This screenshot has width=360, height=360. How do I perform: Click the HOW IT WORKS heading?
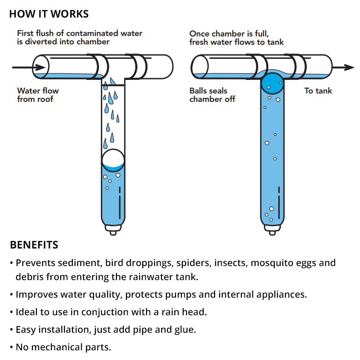[49, 14]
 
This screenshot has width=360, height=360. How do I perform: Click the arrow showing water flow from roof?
[29, 67]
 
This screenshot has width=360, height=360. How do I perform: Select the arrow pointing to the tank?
[342, 67]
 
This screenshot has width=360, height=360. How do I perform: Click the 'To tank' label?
[318, 91]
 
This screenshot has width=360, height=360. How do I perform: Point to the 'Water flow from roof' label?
[38, 95]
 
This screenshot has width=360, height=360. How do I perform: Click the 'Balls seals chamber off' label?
[212, 95]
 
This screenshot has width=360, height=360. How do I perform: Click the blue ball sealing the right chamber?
[272, 82]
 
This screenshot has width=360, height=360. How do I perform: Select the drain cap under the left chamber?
[113, 230]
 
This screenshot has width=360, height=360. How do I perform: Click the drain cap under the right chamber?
[272, 230]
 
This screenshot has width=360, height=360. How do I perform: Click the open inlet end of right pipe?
[198, 67]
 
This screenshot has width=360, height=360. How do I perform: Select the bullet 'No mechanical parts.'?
[63, 347]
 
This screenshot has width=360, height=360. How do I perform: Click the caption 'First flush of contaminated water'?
[79, 33]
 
